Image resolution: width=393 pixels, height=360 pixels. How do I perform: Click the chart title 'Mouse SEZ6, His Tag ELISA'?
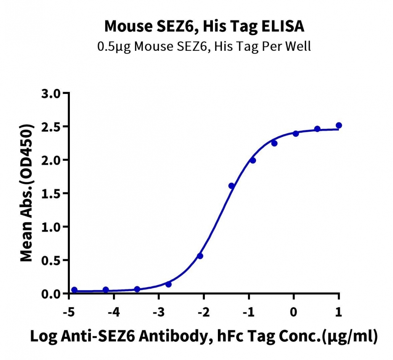(x=204, y=26)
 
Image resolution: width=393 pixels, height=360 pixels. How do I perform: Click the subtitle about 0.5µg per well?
(x=204, y=46)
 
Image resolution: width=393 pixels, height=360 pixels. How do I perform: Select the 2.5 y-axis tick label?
(x=51, y=127)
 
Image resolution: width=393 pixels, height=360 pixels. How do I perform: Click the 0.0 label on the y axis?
(x=51, y=294)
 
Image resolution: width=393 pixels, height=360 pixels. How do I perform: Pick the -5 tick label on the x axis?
(x=69, y=312)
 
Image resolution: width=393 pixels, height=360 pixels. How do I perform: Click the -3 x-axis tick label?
(x=159, y=312)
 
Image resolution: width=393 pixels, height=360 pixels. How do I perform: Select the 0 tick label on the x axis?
(x=293, y=312)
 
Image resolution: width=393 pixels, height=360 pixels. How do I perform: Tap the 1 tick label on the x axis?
(x=338, y=312)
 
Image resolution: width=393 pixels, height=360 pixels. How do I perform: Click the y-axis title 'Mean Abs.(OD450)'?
(x=26, y=193)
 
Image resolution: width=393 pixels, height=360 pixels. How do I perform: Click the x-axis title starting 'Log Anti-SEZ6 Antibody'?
(x=204, y=336)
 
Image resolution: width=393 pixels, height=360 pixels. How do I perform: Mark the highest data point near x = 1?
(x=339, y=125)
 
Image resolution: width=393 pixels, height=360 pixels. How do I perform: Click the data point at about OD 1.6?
(x=231, y=186)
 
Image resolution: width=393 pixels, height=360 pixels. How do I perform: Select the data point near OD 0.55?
(x=200, y=256)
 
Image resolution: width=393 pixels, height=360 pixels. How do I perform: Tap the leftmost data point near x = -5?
(x=74, y=290)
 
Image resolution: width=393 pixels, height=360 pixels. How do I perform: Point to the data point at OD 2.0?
(x=253, y=160)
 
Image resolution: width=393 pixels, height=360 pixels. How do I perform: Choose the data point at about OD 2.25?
(x=274, y=144)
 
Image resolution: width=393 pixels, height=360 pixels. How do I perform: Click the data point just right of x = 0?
(x=296, y=134)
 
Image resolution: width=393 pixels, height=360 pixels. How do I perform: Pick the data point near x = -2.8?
(x=168, y=284)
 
